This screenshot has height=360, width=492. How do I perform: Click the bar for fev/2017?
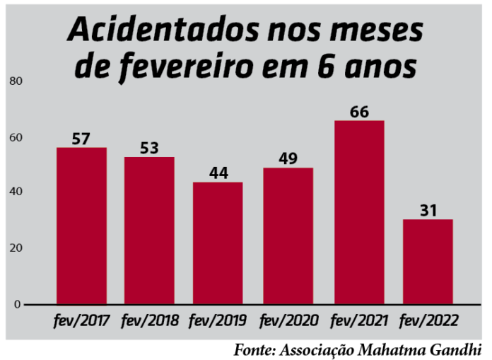click(x=81, y=226)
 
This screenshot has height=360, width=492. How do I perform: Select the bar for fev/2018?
click(x=149, y=231)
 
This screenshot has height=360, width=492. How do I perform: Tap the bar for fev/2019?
click(x=218, y=243)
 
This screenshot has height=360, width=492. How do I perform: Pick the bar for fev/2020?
click(x=288, y=236)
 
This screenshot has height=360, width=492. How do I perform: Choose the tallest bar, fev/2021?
click(x=359, y=212)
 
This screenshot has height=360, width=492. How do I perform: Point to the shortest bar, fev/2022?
click(x=428, y=262)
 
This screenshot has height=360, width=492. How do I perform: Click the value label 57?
click(x=81, y=139)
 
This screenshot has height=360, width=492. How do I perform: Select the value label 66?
click(x=359, y=112)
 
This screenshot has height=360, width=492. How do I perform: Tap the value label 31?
click(x=428, y=210)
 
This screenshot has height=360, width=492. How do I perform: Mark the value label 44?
click(x=218, y=173)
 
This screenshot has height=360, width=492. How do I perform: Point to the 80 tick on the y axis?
click(x=16, y=81)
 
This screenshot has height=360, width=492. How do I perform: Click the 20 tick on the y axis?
click(x=16, y=248)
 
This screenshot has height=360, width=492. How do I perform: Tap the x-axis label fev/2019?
click(x=218, y=320)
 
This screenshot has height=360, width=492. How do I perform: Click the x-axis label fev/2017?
click(x=81, y=320)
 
